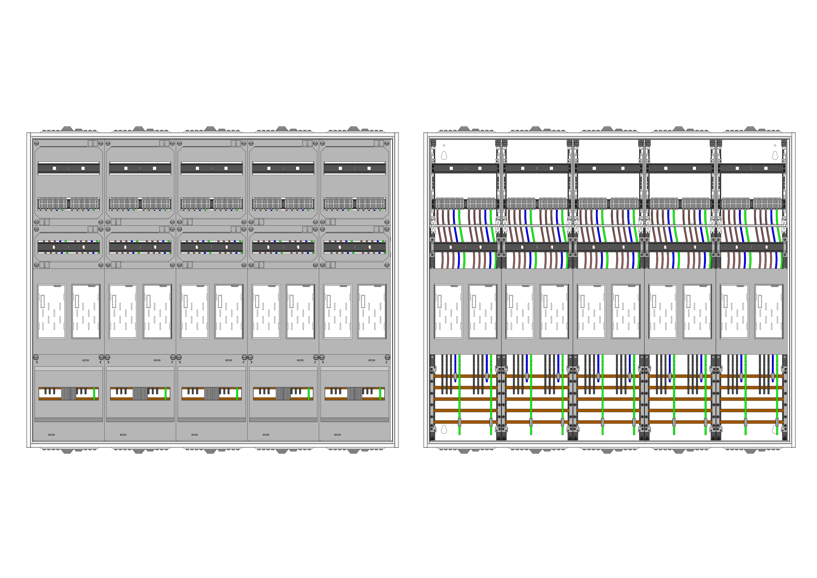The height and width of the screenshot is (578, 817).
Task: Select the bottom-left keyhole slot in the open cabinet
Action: (x=444, y=429)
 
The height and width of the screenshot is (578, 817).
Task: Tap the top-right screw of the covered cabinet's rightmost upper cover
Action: (x=387, y=143)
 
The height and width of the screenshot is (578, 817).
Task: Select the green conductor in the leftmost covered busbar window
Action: (x=94, y=394)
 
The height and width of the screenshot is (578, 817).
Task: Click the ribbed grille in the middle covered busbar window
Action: (x=212, y=394)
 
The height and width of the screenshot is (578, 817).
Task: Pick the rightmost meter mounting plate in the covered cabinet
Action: (x=372, y=311)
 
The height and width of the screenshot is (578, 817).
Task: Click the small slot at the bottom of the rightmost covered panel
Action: (x=337, y=435)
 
